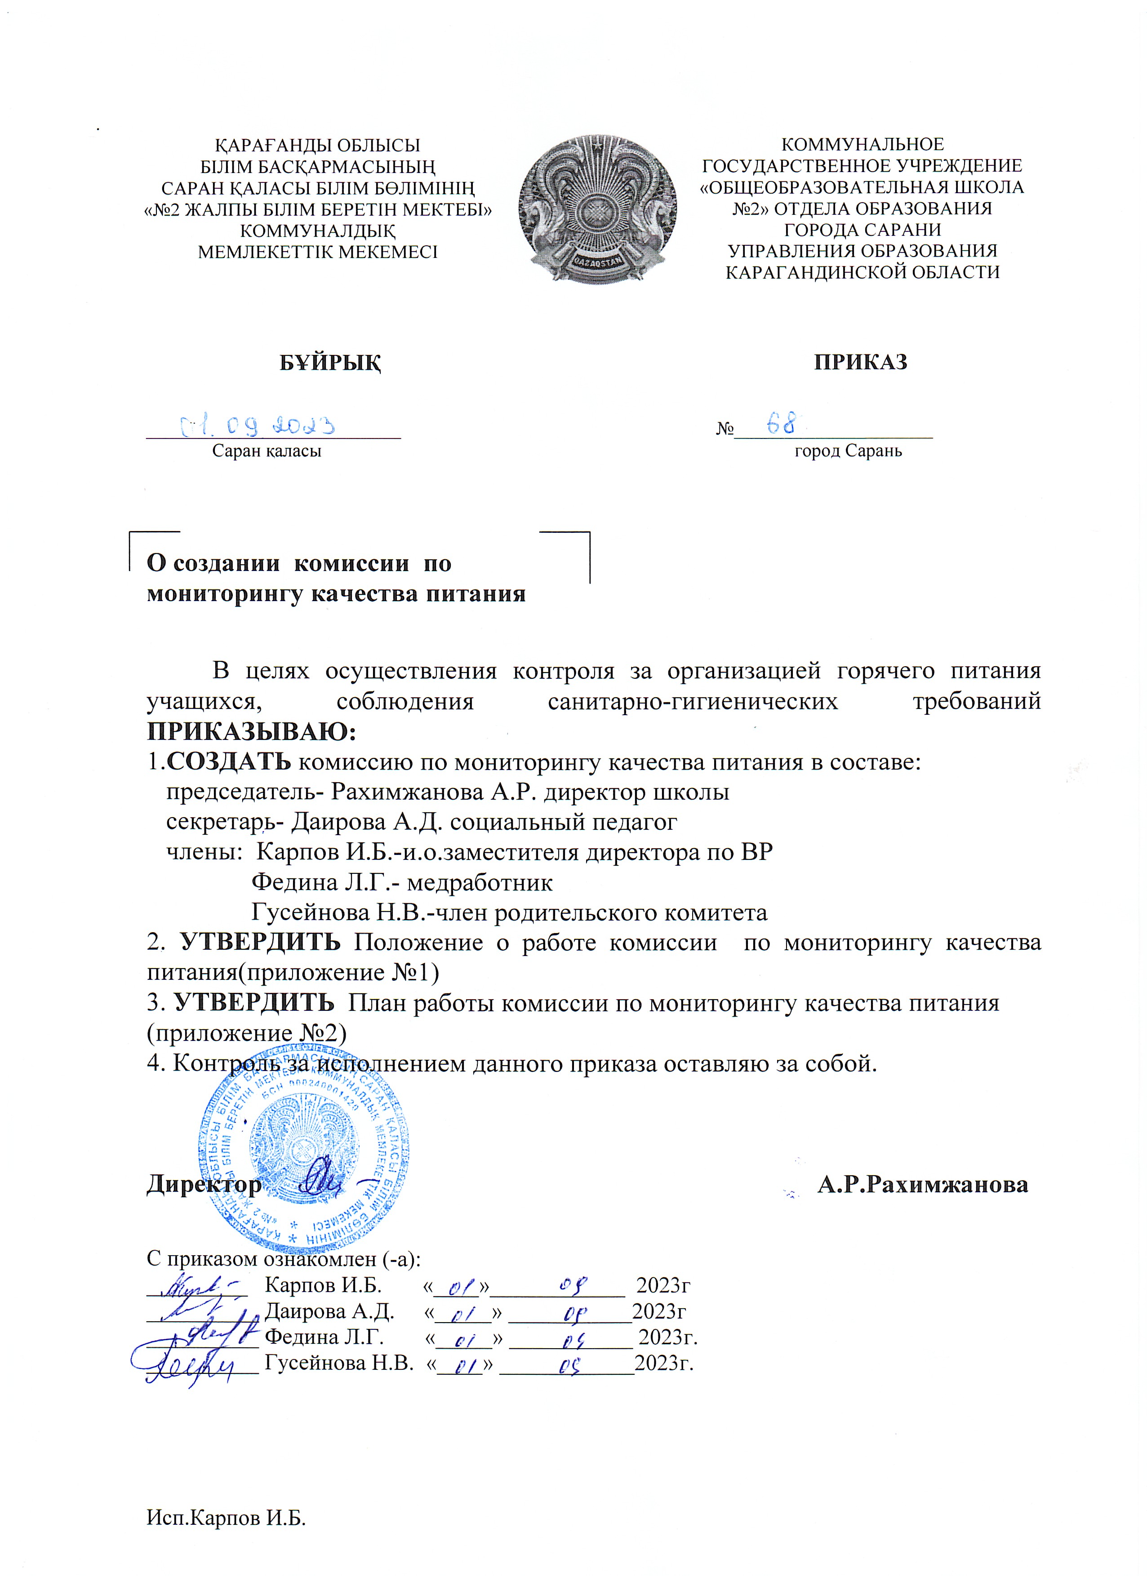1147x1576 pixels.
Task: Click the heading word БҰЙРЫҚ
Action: click(330, 363)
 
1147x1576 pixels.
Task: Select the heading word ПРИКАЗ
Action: click(861, 363)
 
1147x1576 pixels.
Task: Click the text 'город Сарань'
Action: click(848, 451)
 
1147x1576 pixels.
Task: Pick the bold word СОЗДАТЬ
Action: click(229, 762)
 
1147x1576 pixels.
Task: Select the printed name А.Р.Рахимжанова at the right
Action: click(922, 1184)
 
